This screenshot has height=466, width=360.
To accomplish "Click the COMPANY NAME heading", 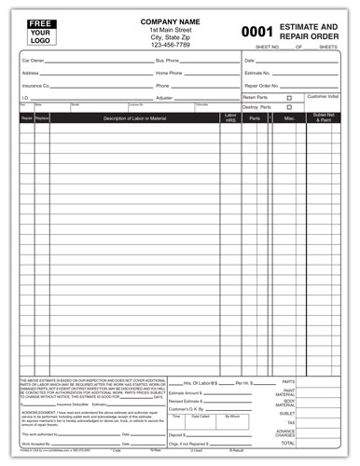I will point(174,21).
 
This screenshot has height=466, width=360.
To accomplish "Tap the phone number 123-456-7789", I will point(174,44).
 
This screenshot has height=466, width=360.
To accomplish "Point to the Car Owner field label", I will point(33,60).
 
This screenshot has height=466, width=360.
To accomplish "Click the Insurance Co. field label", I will point(35,84).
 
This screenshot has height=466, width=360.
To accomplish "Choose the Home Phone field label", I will point(169,72).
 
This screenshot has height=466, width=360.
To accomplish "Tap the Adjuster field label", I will point(164,96).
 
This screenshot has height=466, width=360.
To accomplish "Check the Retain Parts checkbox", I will point(289,97).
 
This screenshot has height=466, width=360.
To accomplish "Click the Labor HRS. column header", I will point(229,118).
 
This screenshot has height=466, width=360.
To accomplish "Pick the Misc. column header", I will point(290,118).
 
